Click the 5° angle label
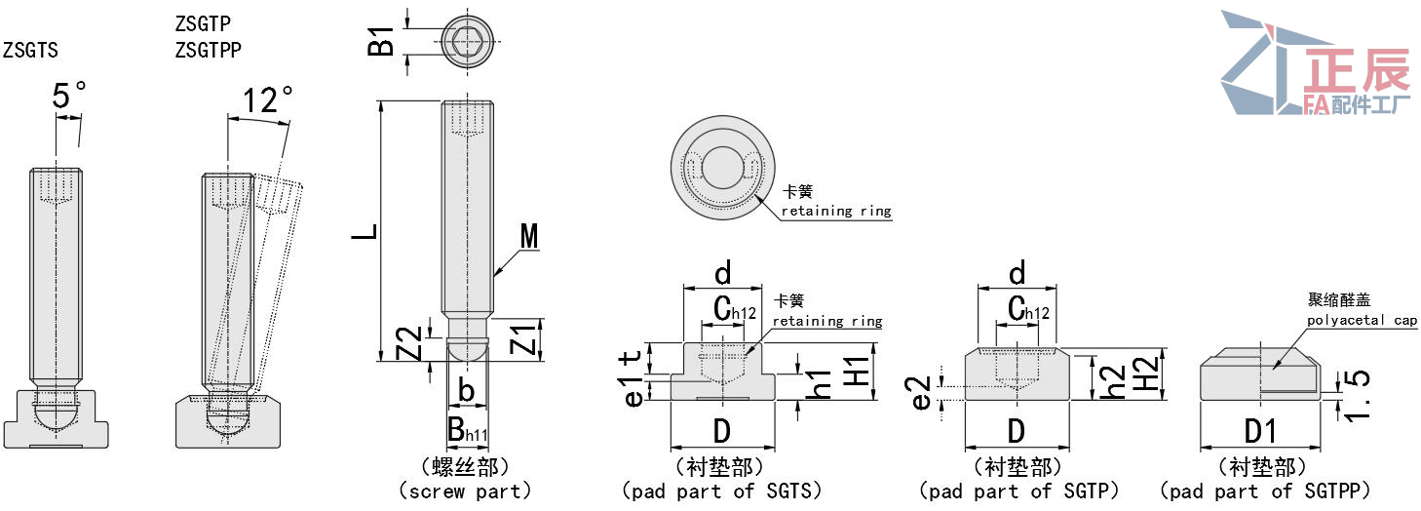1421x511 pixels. coord(68,97)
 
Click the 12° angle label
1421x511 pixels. coord(267,100)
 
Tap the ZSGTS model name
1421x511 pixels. coord(29,50)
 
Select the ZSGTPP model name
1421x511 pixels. coord(208,50)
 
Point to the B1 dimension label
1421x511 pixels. coord(381,42)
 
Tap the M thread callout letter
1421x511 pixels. coord(529,236)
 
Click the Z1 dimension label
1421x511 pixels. coord(523,339)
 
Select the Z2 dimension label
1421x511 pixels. coord(413,342)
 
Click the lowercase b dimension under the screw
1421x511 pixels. coord(466,391)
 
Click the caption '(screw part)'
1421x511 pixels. coord(465,491)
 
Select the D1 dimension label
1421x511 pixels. coord(1261,431)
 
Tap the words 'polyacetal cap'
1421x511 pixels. coord(1362,320)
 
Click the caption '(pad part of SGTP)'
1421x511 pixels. coord(1018,491)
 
